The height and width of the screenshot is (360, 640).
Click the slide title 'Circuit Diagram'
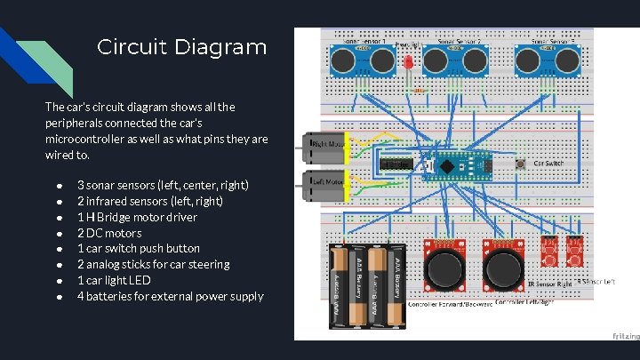tap(181, 47)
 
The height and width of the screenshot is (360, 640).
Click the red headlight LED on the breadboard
tap(408, 65)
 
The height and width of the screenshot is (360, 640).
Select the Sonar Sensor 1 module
tap(363, 59)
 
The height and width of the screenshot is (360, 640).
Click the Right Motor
tap(327, 148)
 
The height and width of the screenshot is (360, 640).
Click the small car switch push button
tap(521, 164)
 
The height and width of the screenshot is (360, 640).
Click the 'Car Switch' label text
tap(548, 164)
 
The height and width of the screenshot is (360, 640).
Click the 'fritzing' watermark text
tap(624, 335)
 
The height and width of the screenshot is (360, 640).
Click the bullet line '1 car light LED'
tap(114, 280)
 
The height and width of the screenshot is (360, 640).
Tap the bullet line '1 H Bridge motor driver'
tap(137, 217)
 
